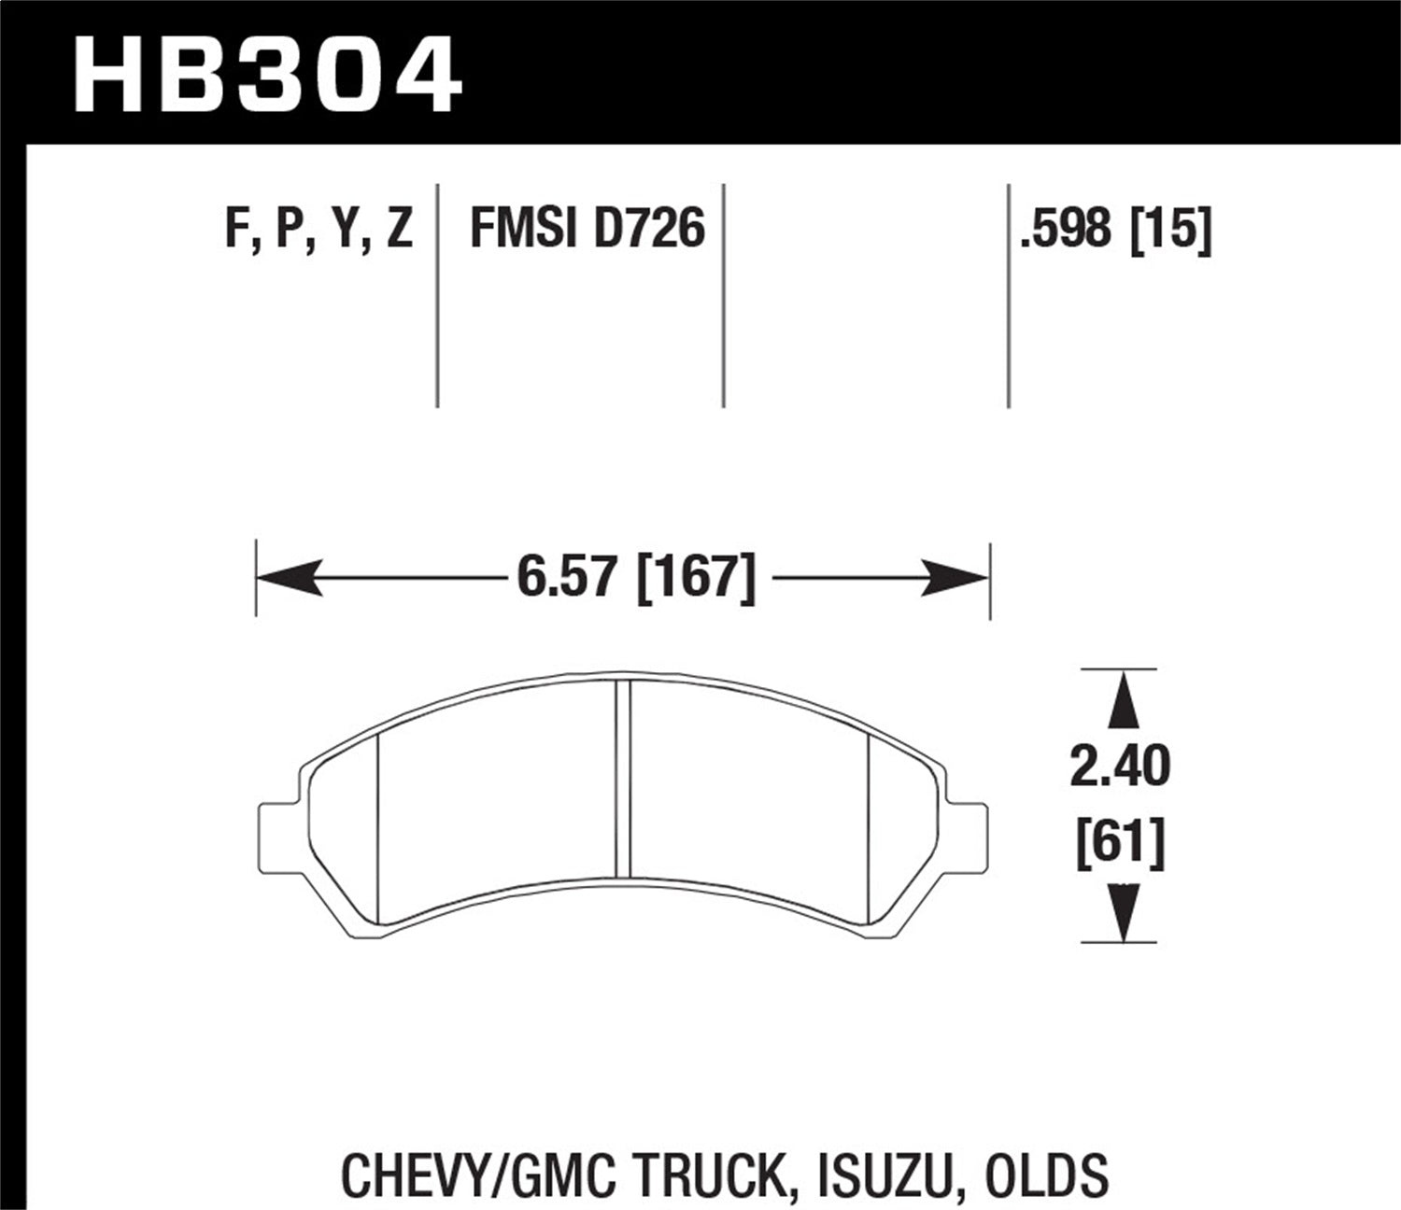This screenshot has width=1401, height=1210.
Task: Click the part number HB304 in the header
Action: (267, 74)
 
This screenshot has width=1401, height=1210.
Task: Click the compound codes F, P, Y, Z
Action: (318, 228)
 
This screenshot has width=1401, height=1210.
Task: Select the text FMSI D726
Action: (587, 228)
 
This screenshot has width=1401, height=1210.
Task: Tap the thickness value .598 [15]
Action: (1117, 228)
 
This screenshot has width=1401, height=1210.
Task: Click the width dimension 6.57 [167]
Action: (635, 578)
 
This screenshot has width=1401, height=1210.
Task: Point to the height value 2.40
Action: (1120, 767)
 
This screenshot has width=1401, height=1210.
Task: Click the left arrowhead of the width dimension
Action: (286, 579)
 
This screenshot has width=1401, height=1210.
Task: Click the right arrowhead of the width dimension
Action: (958, 579)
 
